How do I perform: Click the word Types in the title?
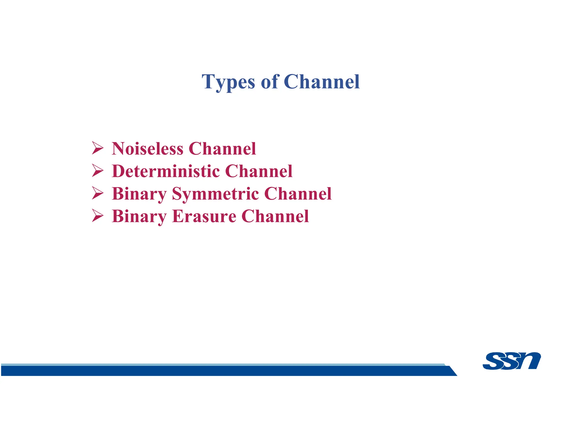click(228, 82)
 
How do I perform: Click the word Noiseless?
click(147, 149)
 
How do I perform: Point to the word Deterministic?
click(166, 171)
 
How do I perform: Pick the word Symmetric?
click(215, 194)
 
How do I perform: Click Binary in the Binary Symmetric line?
click(139, 194)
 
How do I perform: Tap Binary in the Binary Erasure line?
click(139, 217)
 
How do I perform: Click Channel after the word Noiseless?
click(222, 149)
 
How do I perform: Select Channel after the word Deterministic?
click(259, 171)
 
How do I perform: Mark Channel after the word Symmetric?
click(298, 194)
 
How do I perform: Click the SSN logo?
click(511, 360)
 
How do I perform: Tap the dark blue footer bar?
click(220, 371)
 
